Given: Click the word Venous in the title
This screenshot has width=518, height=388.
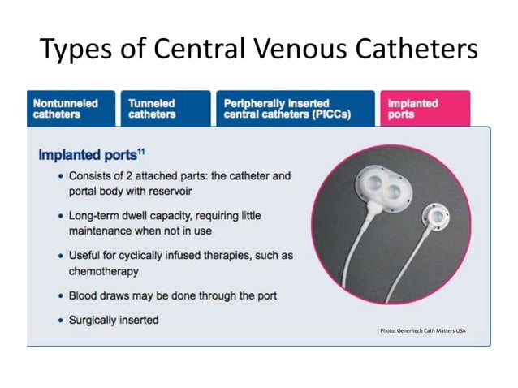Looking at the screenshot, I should pos(305,50).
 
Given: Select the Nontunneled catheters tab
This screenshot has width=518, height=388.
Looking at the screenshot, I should pos(66,109).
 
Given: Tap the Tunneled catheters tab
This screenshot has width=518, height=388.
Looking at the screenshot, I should pos(152,109).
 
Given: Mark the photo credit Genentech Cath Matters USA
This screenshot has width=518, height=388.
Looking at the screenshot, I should pos(422,331).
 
